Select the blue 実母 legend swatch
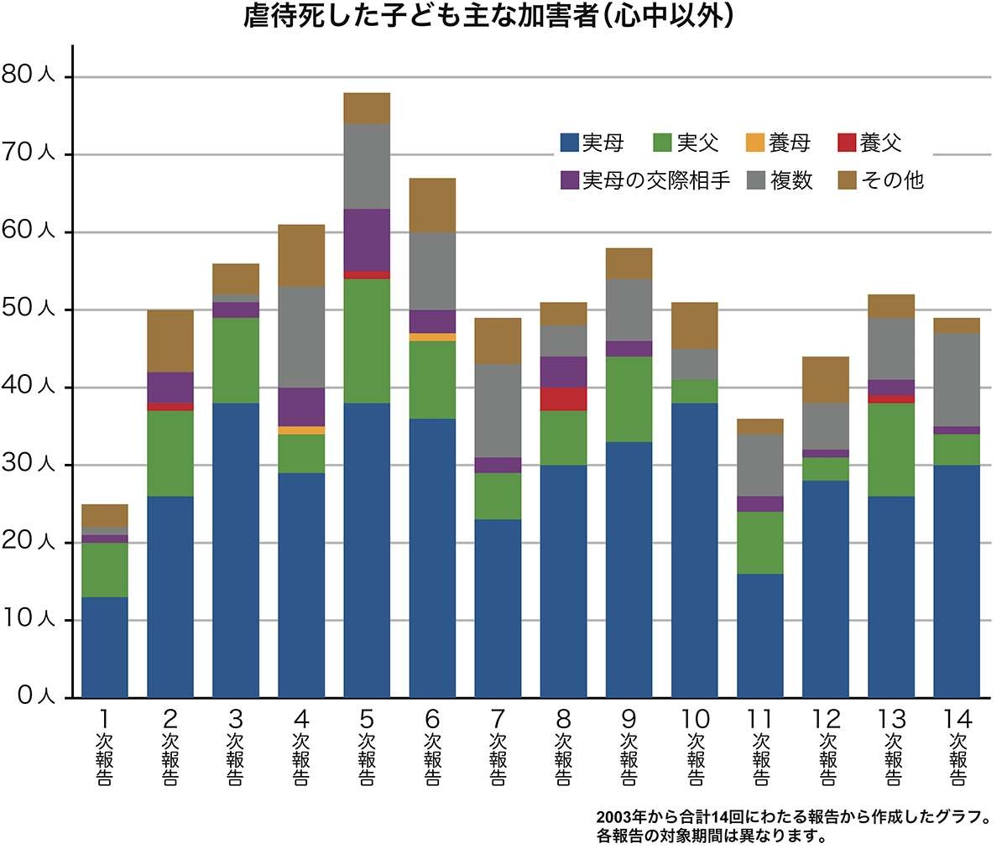pos(570,143)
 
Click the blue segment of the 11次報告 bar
pos(760,635)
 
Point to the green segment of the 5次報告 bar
pos(367,341)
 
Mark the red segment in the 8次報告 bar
pos(563,398)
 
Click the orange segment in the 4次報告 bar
pos(301,430)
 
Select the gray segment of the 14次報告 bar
pos(957,379)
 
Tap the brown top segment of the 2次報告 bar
pos(170,341)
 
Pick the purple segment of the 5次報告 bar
pos(367,240)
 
